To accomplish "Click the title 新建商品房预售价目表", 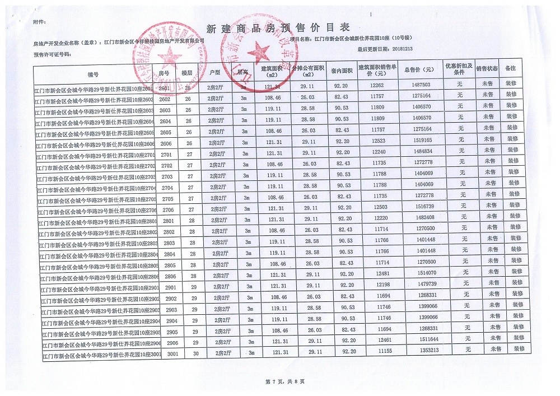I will coord(278,27).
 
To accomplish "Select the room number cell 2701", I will coord(165,153).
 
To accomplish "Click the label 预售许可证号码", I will coord(53,55).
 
